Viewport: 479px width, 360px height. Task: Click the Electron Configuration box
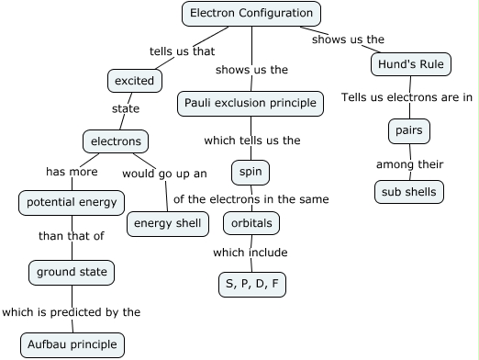(x=251, y=13)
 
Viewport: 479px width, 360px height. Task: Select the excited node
(x=135, y=81)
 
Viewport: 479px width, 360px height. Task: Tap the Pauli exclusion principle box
(x=251, y=103)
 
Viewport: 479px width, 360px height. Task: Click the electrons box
(x=115, y=141)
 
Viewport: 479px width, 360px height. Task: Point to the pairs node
(x=408, y=131)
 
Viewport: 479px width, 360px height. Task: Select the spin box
(x=251, y=172)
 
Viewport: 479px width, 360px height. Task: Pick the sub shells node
(x=409, y=192)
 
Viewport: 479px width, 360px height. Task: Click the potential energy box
(x=72, y=202)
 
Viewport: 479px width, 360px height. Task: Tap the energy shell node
(x=166, y=223)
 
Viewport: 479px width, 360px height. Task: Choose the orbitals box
(x=251, y=222)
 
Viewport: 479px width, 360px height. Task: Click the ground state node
(x=72, y=272)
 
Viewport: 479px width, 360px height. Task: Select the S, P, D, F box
(x=251, y=284)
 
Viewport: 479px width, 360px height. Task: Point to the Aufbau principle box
(x=72, y=344)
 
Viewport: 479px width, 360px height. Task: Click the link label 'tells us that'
(x=182, y=51)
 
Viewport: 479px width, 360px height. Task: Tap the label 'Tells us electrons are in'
(x=407, y=97)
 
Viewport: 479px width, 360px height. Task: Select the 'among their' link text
(x=409, y=164)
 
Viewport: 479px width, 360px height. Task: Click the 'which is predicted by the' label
(x=72, y=312)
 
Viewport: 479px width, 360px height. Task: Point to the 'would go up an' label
(x=164, y=173)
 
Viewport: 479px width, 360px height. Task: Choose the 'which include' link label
(x=250, y=253)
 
